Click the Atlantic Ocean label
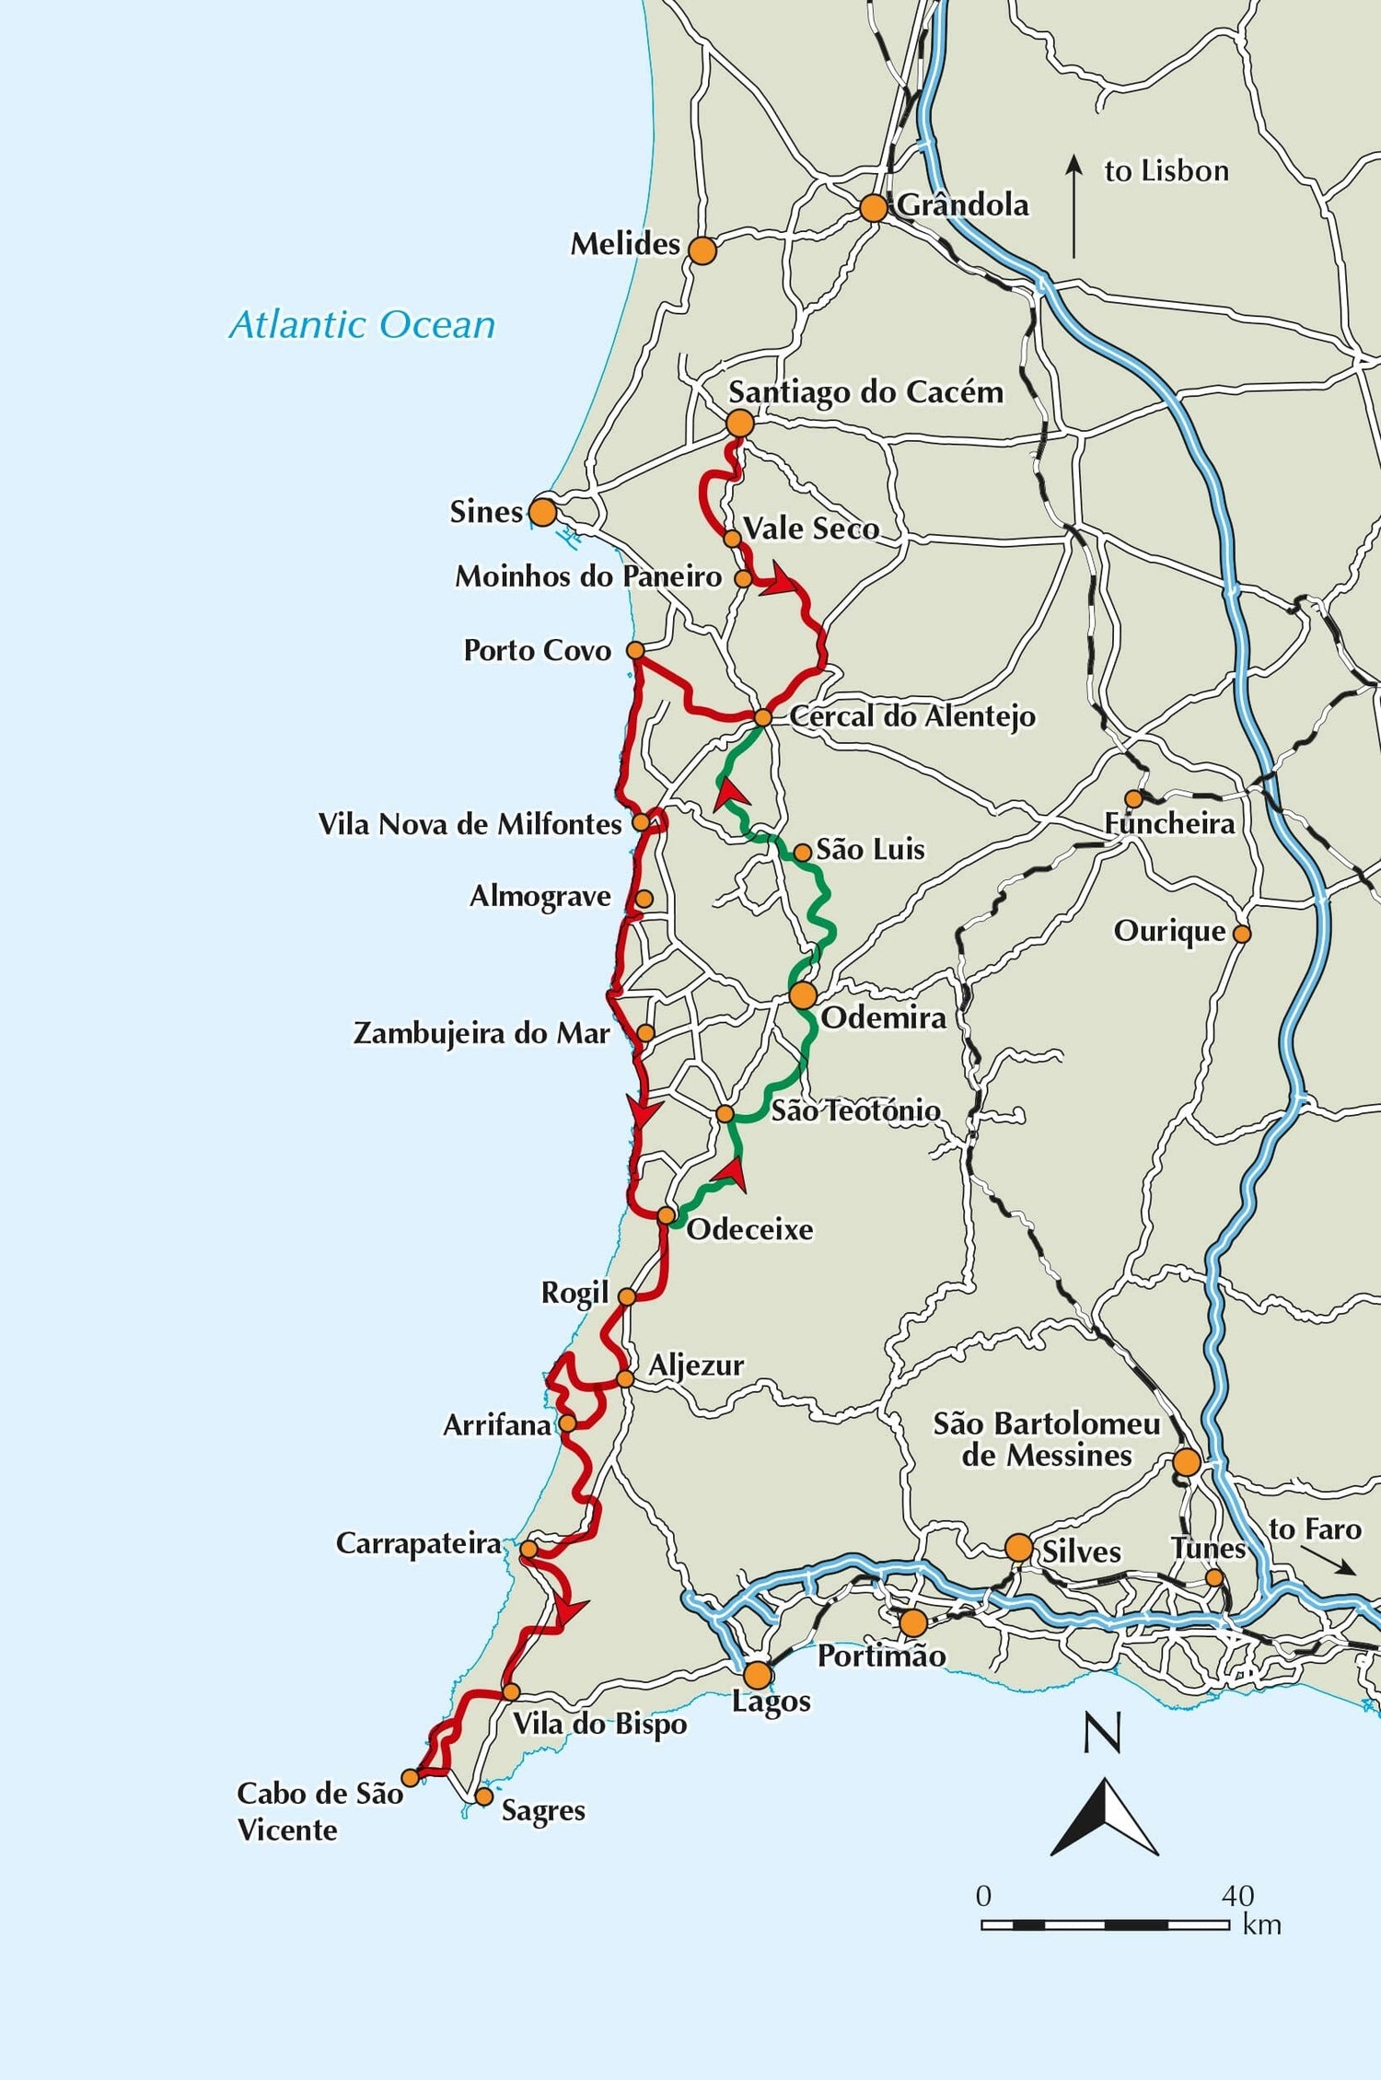pos(362,325)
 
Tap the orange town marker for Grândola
pos(873,208)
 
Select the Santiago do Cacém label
pos(865,392)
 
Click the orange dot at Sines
pos(542,512)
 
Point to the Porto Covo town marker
pos(634,650)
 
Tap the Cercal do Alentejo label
pos(911,716)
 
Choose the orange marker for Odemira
pos(803,994)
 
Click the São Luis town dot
pos(802,853)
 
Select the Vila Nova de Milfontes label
pos(470,824)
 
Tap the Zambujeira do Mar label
pos(482,1033)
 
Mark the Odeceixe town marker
pos(666,1215)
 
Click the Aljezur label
pos(696,1365)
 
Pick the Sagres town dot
pos(483,1796)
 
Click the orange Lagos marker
pos(757,1675)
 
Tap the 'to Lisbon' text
pos(1166,171)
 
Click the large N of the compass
pos(1102,1734)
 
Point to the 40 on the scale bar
pos(1237,1896)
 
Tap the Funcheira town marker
pos(1134,798)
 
